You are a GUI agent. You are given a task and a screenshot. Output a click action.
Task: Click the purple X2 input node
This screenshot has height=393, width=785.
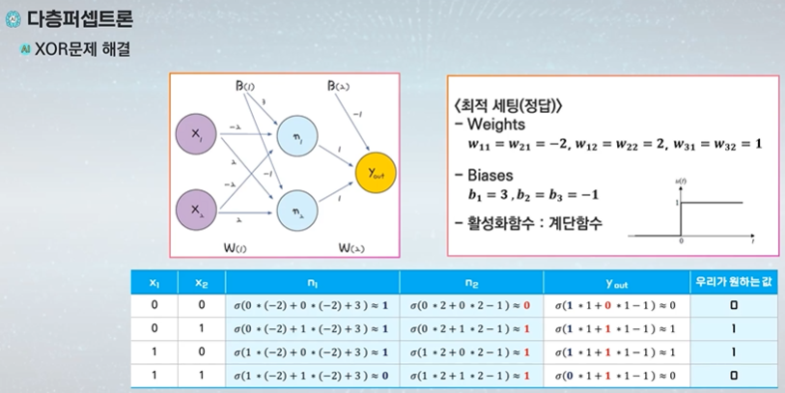[198, 208]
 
